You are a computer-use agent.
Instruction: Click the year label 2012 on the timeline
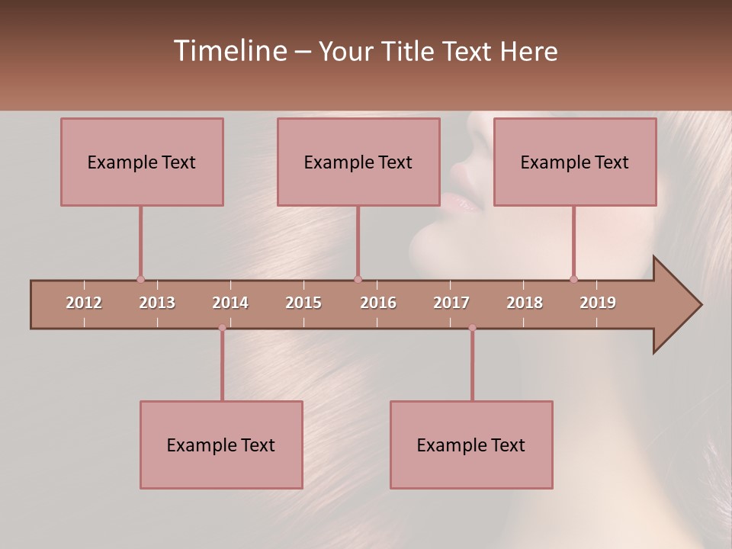click(84, 303)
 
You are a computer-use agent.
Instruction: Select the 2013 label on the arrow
click(157, 303)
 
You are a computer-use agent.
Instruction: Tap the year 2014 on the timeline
click(230, 303)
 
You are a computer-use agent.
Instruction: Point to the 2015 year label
click(303, 303)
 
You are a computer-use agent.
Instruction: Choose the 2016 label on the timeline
click(378, 303)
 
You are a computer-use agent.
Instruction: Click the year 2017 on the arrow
click(451, 303)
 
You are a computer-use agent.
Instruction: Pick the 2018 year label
click(525, 303)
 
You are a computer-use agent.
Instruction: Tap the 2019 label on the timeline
click(598, 303)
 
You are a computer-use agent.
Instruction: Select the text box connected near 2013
click(142, 162)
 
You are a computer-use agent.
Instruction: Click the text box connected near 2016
click(358, 162)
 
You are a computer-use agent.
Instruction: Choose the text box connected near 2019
click(575, 162)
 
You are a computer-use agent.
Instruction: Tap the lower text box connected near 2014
click(221, 445)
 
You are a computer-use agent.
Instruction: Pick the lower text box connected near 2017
click(471, 445)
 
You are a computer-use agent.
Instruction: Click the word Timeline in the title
click(229, 51)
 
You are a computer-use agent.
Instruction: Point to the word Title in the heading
click(409, 52)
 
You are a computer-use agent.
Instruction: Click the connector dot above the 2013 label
click(140, 279)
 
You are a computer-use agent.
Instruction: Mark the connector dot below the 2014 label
click(222, 328)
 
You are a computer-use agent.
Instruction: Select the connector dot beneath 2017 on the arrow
click(472, 328)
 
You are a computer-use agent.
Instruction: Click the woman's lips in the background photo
click(462, 202)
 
